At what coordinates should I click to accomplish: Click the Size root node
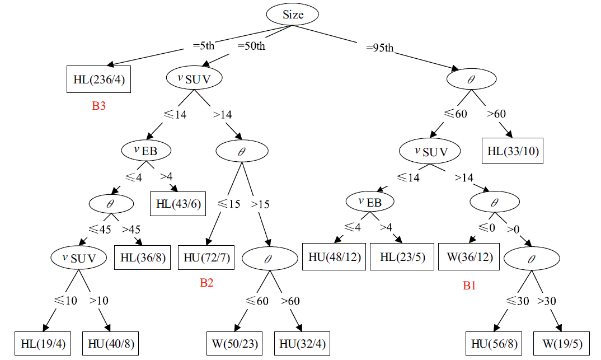tap(293, 15)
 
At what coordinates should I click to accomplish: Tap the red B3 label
tap(98, 106)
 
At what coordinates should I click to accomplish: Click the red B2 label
tap(206, 283)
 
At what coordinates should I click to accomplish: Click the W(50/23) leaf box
tap(233, 343)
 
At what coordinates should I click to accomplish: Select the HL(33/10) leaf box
tap(513, 151)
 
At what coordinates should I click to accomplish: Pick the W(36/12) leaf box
tap(468, 258)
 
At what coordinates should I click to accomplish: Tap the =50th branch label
tap(251, 45)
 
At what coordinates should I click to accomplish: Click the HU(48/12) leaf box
tap(334, 258)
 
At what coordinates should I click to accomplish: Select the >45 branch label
tap(132, 230)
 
